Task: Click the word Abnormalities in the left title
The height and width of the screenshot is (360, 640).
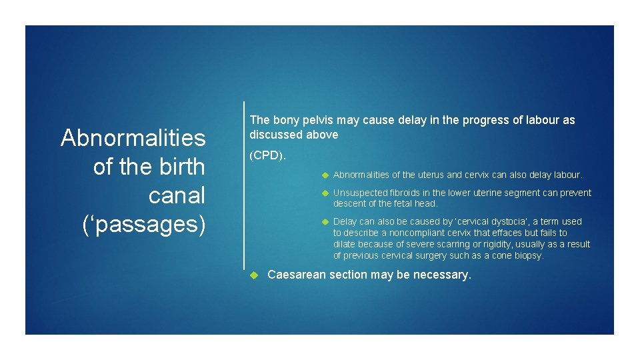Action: pyautogui.click(x=133, y=138)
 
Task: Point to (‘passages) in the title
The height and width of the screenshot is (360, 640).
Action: pyautogui.click(x=143, y=224)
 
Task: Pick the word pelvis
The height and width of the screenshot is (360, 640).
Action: pyautogui.click(x=321, y=120)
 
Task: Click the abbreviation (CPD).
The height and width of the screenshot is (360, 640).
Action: pyautogui.click(x=267, y=155)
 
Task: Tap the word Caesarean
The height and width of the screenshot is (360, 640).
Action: pyautogui.click(x=297, y=275)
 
